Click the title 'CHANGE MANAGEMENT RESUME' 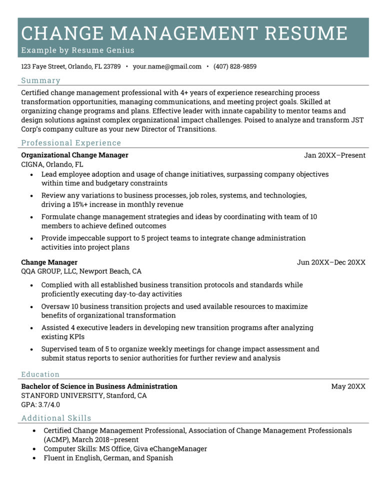pyautogui.click(x=184, y=33)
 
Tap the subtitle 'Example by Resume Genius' pyautogui.click(x=77, y=50)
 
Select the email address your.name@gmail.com pyautogui.click(x=167, y=66)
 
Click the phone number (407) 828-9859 pyautogui.click(x=235, y=66)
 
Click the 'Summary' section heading pyautogui.click(x=40, y=80)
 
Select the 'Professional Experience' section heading pyautogui.click(x=71, y=143)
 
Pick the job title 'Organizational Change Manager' pyautogui.click(x=74, y=155)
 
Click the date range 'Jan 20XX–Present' pyautogui.click(x=334, y=155)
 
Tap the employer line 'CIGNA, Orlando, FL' pyautogui.click(x=52, y=164)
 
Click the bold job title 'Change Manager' pyautogui.click(x=49, y=262)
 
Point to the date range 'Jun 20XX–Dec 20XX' pyautogui.click(x=331, y=262)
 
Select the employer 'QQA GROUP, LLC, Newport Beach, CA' pyautogui.click(x=81, y=271)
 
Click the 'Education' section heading pyautogui.click(x=40, y=374)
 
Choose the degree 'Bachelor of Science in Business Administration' pyautogui.click(x=99, y=386)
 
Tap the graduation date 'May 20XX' pyautogui.click(x=348, y=386)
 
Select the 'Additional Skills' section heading pyautogui.click(x=56, y=418)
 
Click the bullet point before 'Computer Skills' pyautogui.click(x=33, y=449)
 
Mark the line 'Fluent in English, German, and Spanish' pyautogui.click(x=108, y=458)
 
